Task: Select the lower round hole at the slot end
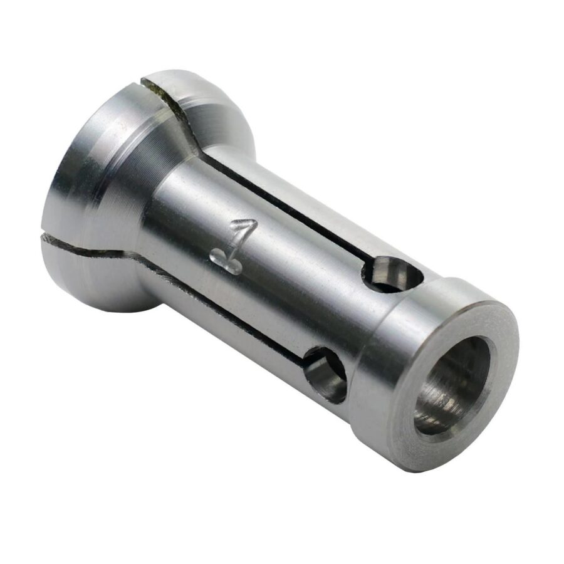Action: [325, 374]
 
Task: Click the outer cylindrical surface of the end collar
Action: [389, 376]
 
